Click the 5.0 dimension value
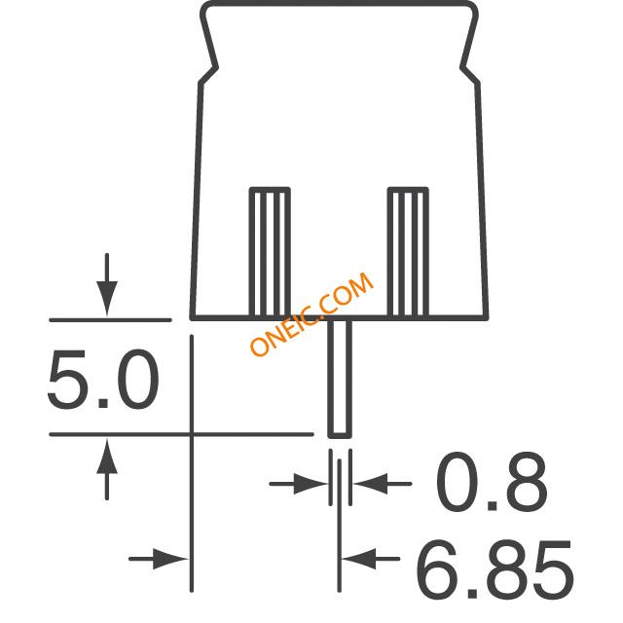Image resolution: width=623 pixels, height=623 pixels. [103, 379]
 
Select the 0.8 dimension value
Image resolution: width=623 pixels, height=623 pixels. [492, 482]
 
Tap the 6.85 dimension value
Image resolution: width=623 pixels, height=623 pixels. [495, 569]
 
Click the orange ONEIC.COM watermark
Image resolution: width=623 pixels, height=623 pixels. [311, 313]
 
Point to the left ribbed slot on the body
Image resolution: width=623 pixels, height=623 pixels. [270, 252]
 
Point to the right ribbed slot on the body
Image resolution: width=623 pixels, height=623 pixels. [408, 252]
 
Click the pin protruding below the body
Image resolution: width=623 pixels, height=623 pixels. [340, 379]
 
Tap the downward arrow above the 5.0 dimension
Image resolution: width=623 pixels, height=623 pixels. [107, 284]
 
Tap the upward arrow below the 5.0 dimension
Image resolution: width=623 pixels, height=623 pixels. [107, 469]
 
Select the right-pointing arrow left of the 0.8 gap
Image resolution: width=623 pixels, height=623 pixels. [299, 484]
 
